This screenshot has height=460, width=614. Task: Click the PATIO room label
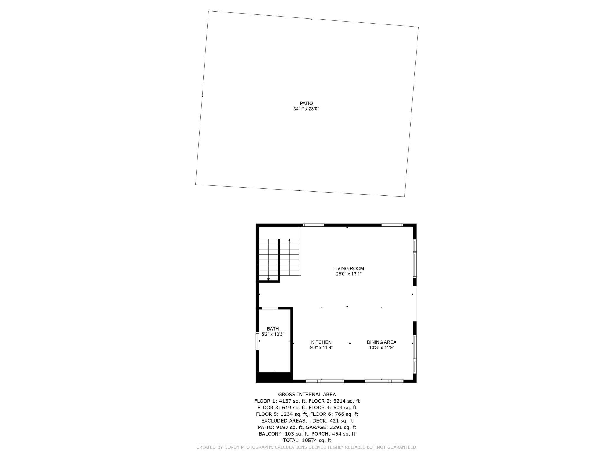[306, 103]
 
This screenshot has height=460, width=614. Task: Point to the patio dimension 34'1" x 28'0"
[306, 109]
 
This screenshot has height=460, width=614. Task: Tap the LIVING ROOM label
[349, 269]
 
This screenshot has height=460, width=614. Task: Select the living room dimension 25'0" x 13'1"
[349, 274]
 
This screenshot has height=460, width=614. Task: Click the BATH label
[273, 329]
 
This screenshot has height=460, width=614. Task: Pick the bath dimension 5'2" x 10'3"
[273, 334]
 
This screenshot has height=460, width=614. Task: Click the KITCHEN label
[321, 342]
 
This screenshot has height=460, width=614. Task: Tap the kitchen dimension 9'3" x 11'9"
[321, 348]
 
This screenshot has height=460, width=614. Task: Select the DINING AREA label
[381, 342]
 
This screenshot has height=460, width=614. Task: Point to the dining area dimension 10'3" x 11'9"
[381, 348]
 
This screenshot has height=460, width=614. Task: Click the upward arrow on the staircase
[290, 240]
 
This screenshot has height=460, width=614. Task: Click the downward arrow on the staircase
[268, 279]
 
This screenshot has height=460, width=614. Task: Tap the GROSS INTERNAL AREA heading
[307, 395]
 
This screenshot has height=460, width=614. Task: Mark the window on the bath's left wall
[257, 341]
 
